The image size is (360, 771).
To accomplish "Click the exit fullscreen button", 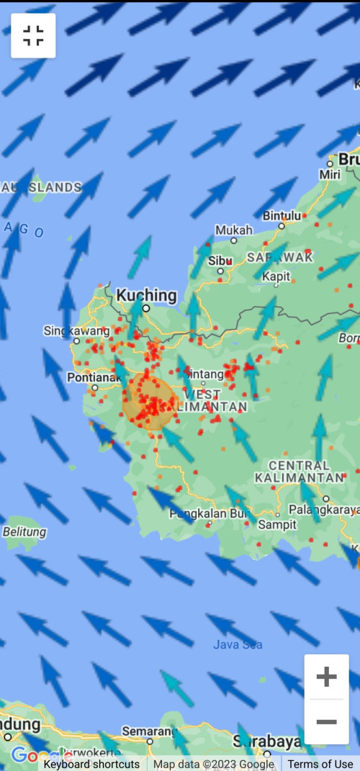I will (x=33, y=35).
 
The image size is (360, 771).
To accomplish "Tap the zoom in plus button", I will (x=326, y=677).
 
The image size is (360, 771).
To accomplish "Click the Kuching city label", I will (x=146, y=295).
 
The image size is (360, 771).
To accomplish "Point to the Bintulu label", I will (x=282, y=215).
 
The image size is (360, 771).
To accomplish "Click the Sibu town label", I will (x=220, y=261).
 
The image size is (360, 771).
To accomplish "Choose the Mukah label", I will (x=234, y=230).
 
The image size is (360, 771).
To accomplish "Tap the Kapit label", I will (x=276, y=276).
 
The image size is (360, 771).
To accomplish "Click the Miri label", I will (x=330, y=175).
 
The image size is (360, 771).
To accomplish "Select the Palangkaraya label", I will (x=323, y=510).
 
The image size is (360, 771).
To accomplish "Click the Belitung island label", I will (x=24, y=532).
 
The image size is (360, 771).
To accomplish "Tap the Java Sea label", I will (x=238, y=644).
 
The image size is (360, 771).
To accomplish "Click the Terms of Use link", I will (x=320, y=764).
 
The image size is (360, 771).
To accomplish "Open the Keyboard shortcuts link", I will (x=91, y=764).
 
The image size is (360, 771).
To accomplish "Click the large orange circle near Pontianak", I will (x=150, y=402).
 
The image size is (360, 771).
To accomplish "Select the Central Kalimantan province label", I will (x=299, y=472).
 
